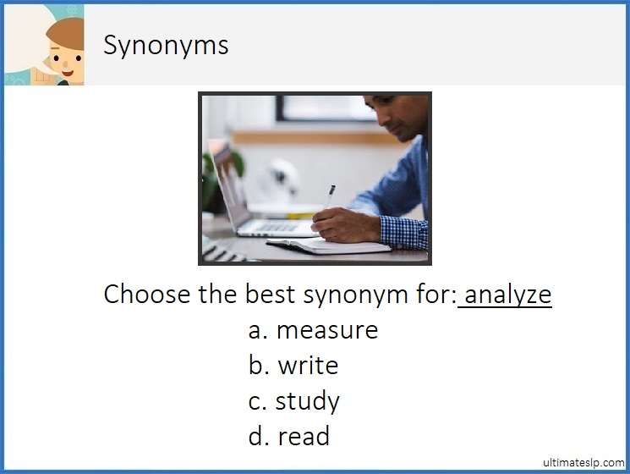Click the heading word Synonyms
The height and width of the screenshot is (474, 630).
pos(166,45)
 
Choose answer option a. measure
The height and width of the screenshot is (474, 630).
pos(313,329)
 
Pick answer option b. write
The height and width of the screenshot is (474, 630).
pos(293,365)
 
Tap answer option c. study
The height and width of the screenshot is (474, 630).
pos(293,400)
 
